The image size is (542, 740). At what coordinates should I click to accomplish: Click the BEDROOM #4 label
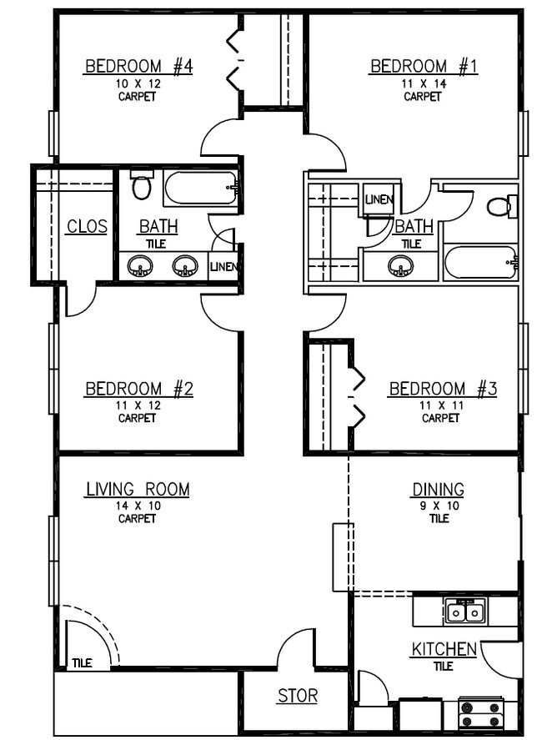pos(138,67)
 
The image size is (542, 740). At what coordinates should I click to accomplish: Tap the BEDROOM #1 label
pos(424,67)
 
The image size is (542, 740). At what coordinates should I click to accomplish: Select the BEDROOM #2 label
pos(139,389)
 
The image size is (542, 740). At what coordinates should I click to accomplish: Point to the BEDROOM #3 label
pos(443,389)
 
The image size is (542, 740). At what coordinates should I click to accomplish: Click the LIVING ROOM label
pos(138,490)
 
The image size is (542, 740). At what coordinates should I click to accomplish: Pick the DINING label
pos(438,490)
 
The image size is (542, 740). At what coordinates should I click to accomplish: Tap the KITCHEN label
pos(444,649)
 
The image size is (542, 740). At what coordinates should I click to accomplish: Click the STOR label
pos(298,696)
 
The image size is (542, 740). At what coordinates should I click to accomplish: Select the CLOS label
pos(87,227)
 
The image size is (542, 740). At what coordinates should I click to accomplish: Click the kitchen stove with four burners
pos(481,715)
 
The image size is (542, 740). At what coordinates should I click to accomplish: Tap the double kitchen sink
pos(465,612)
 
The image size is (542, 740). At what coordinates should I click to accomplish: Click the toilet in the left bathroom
pos(143,184)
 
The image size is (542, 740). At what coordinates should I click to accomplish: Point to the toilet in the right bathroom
pos(501,206)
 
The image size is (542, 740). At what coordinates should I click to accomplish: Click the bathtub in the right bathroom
pos(481,263)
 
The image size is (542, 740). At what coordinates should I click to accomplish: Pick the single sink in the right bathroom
pos(402,268)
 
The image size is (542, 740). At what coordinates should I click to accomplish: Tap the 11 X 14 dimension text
pos(423,83)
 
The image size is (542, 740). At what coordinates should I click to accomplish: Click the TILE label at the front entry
pos(82,663)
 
